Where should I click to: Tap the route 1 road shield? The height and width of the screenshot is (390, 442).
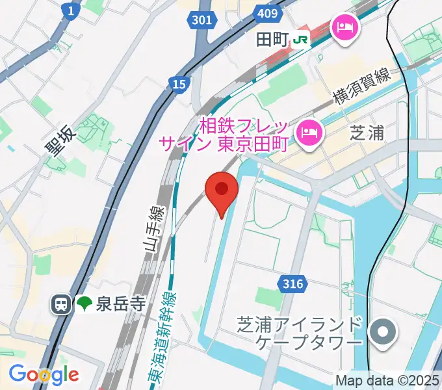pyautogui.click(x=70, y=10)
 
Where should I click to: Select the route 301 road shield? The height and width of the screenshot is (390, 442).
pyautogui.click(x=202, y=20)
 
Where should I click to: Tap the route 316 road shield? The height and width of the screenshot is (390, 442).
pyautogui.click(x=294, y=283)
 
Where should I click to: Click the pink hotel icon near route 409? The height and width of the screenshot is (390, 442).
pyautogui.click(x=343, y=27)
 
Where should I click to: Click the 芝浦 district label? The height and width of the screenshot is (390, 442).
pyautogui.click(x=367, y=133)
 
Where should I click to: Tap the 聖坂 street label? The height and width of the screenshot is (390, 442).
pyautogui.click(x=60, y=141)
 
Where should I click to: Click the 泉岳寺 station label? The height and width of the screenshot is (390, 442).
pyautogui.click(x=120, y=304)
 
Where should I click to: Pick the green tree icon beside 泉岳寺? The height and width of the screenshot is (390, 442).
pyautogui.click(x=84, y=304)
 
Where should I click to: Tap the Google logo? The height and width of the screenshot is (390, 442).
pyautogui.click(x=44, y=374)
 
